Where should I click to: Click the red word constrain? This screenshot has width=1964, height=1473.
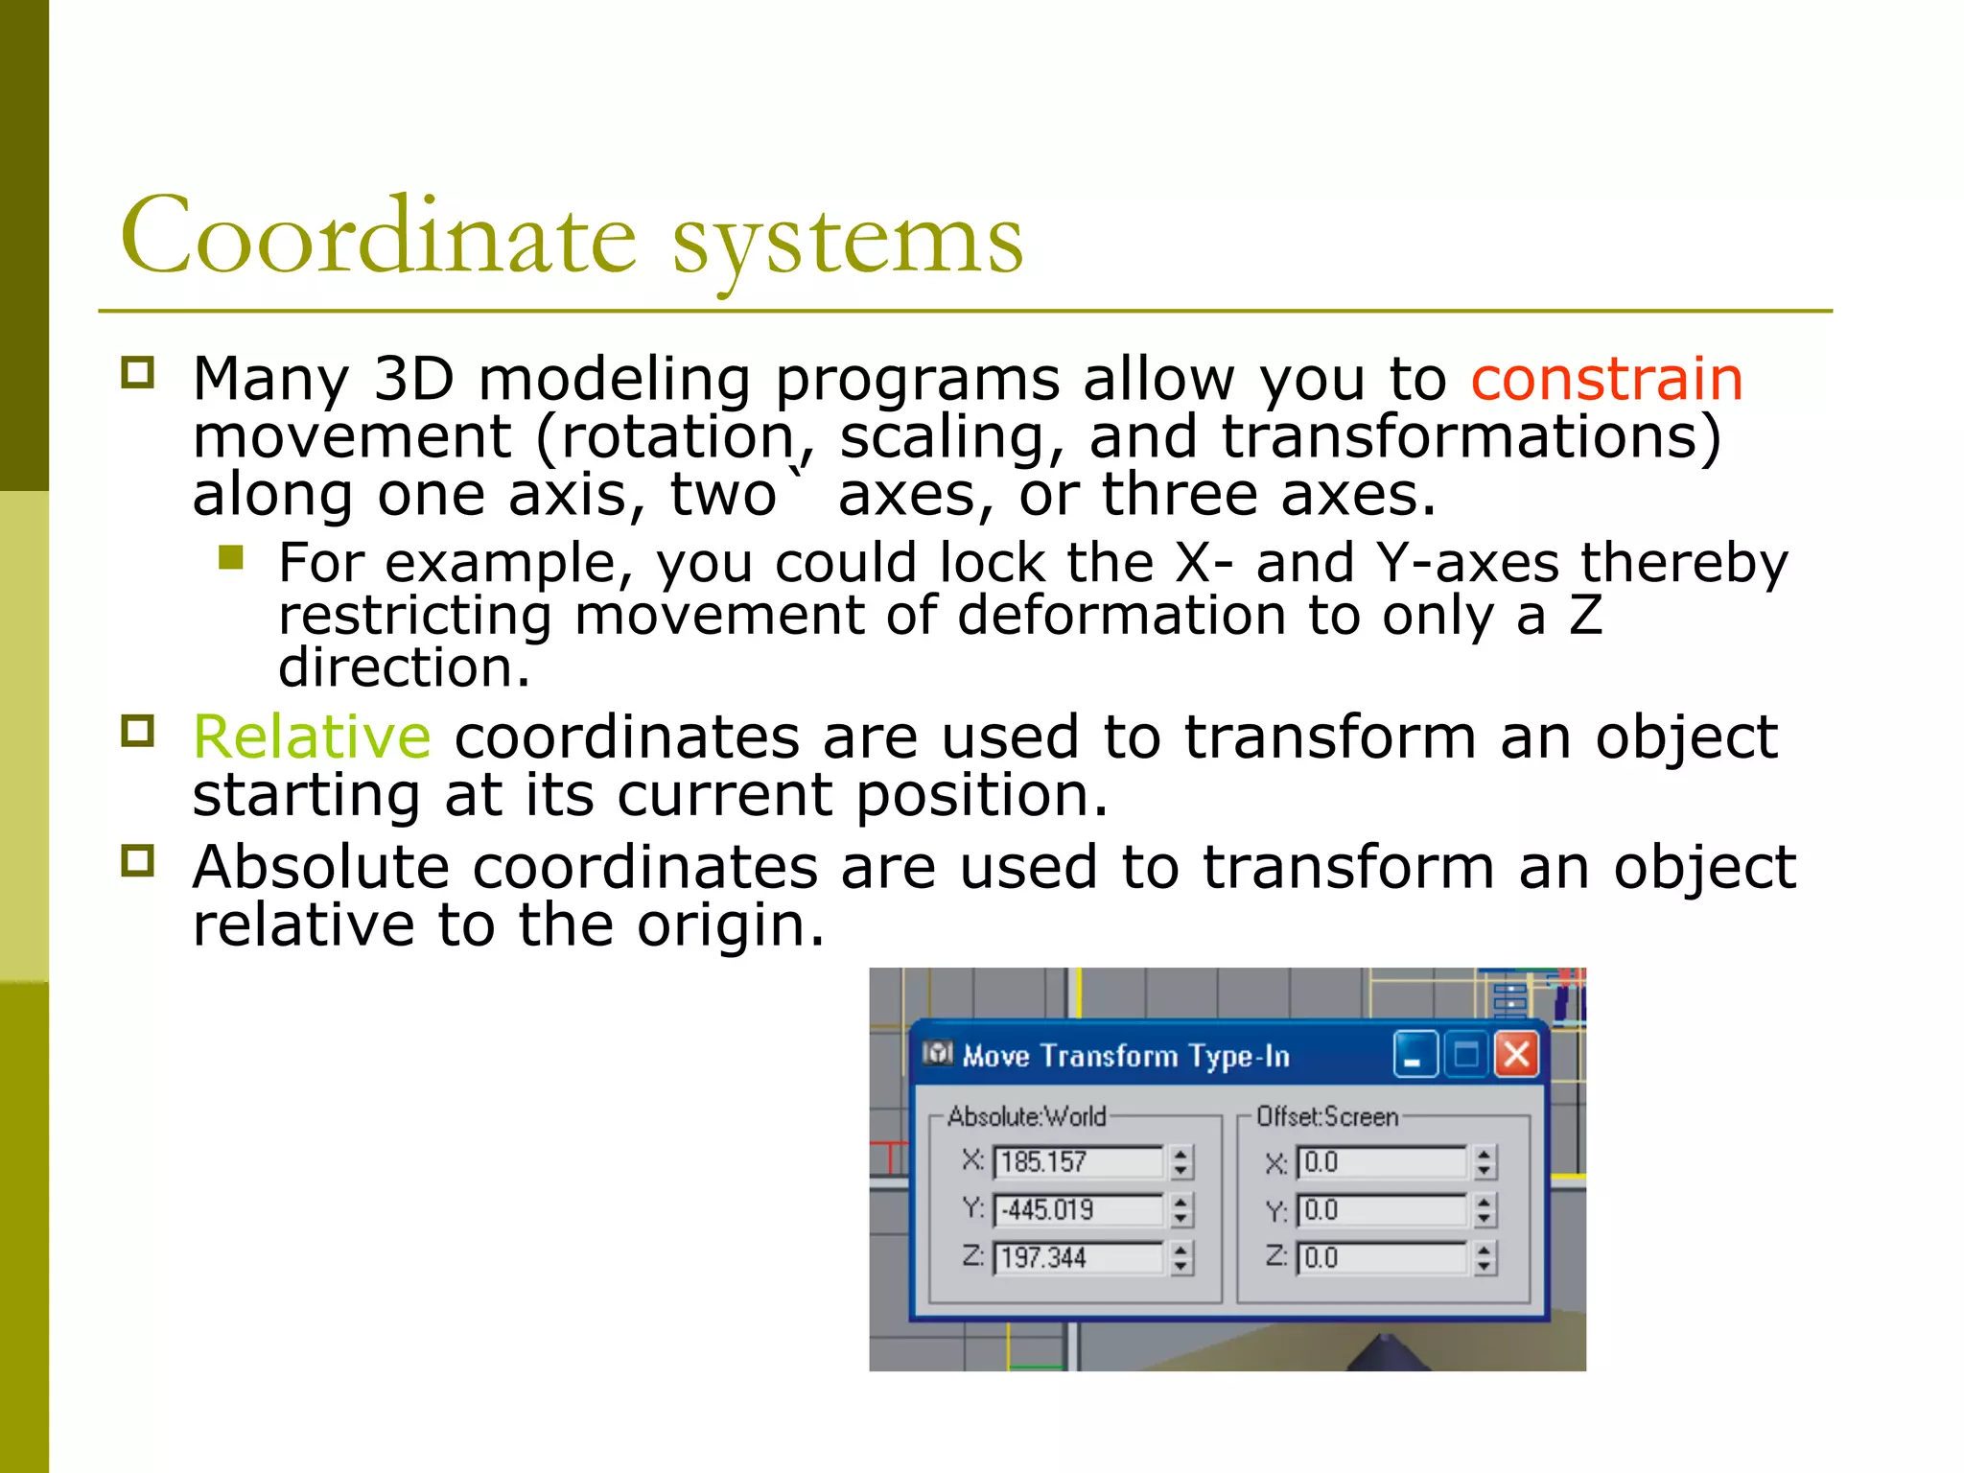point(1606,379)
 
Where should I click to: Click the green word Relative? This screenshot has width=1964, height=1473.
point(312,737)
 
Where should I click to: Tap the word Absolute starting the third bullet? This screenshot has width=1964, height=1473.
point(320,867)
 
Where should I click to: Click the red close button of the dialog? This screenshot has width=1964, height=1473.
point(1516,1055)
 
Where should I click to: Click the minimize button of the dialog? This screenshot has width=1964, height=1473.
point(1415,1055)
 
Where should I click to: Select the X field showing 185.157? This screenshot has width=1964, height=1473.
point(1077,1162)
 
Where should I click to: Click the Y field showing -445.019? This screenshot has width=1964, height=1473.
point(1077,1210)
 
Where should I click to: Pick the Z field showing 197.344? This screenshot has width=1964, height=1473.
point(1077,1258)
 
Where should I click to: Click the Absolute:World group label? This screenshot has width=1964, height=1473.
point(1026,1117)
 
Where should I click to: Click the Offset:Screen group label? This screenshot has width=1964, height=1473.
point(1327,1117)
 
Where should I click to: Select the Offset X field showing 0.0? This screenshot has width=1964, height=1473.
point(1381,1162)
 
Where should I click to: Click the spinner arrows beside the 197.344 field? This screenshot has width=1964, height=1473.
point(1181,1258)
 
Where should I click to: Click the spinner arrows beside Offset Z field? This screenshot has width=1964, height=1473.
point(1485,1258)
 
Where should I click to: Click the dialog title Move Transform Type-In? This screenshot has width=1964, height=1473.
point(1126,1056)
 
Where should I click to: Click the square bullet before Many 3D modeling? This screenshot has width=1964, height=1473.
point(138,372)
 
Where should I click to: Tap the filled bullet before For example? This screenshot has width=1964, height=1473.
point(231,557)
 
